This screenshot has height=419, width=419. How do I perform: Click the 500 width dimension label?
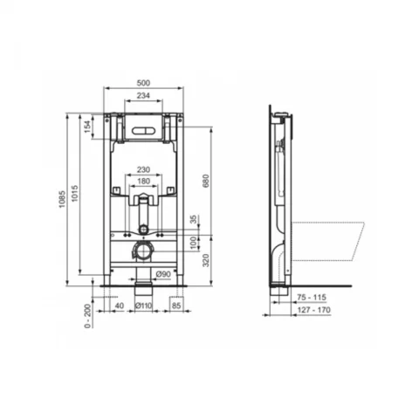click(143, 83)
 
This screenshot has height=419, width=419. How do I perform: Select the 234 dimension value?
click(143, 95)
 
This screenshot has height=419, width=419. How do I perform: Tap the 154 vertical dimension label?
click(87, 127)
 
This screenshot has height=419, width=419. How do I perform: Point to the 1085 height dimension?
click(62, 199)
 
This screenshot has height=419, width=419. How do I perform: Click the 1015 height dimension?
click(74, 193)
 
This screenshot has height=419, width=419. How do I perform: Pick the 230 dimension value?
click(143, 169)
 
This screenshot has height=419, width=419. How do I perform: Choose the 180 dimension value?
click(143, 182)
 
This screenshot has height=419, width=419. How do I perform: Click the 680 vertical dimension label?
click(206, 181)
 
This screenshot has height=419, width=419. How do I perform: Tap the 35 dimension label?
click(194, 219)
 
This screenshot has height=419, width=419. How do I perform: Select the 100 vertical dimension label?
click(194, 244)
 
